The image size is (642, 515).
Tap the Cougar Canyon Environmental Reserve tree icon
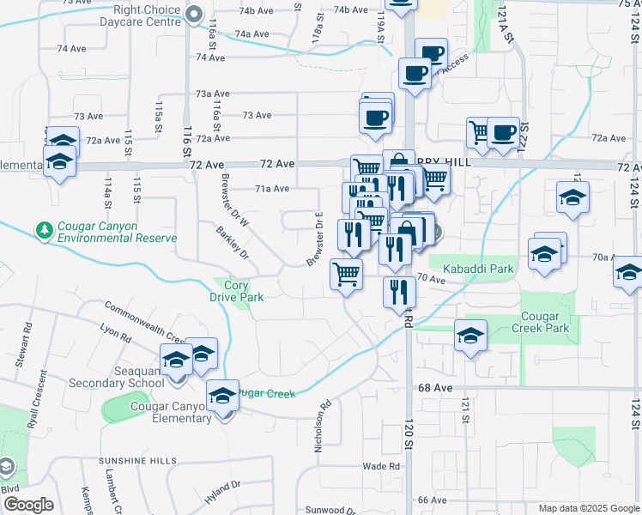tap(44, 230)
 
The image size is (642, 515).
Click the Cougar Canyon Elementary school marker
tap(223, 399)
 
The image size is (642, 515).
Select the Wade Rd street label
tap(381, 466)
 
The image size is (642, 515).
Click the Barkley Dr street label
tap(233, 242)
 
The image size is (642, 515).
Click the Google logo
tap(28, 505)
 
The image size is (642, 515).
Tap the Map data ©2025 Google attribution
tap(588, 508)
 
